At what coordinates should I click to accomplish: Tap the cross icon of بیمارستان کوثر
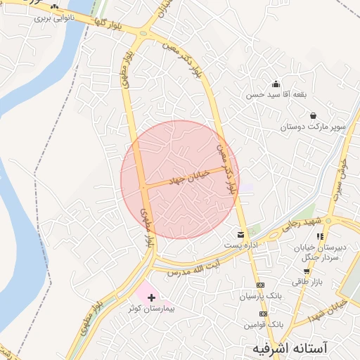pos(151,299)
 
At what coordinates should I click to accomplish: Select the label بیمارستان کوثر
pos(155,309)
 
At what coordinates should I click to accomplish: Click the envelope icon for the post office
pos(241,234)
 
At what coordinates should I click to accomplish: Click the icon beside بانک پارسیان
pos(262,285)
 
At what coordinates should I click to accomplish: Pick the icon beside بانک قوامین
pos(262,315)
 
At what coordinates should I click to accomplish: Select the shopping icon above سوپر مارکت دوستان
pos(312,116)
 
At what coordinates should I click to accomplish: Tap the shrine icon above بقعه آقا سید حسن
pos(276,83)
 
